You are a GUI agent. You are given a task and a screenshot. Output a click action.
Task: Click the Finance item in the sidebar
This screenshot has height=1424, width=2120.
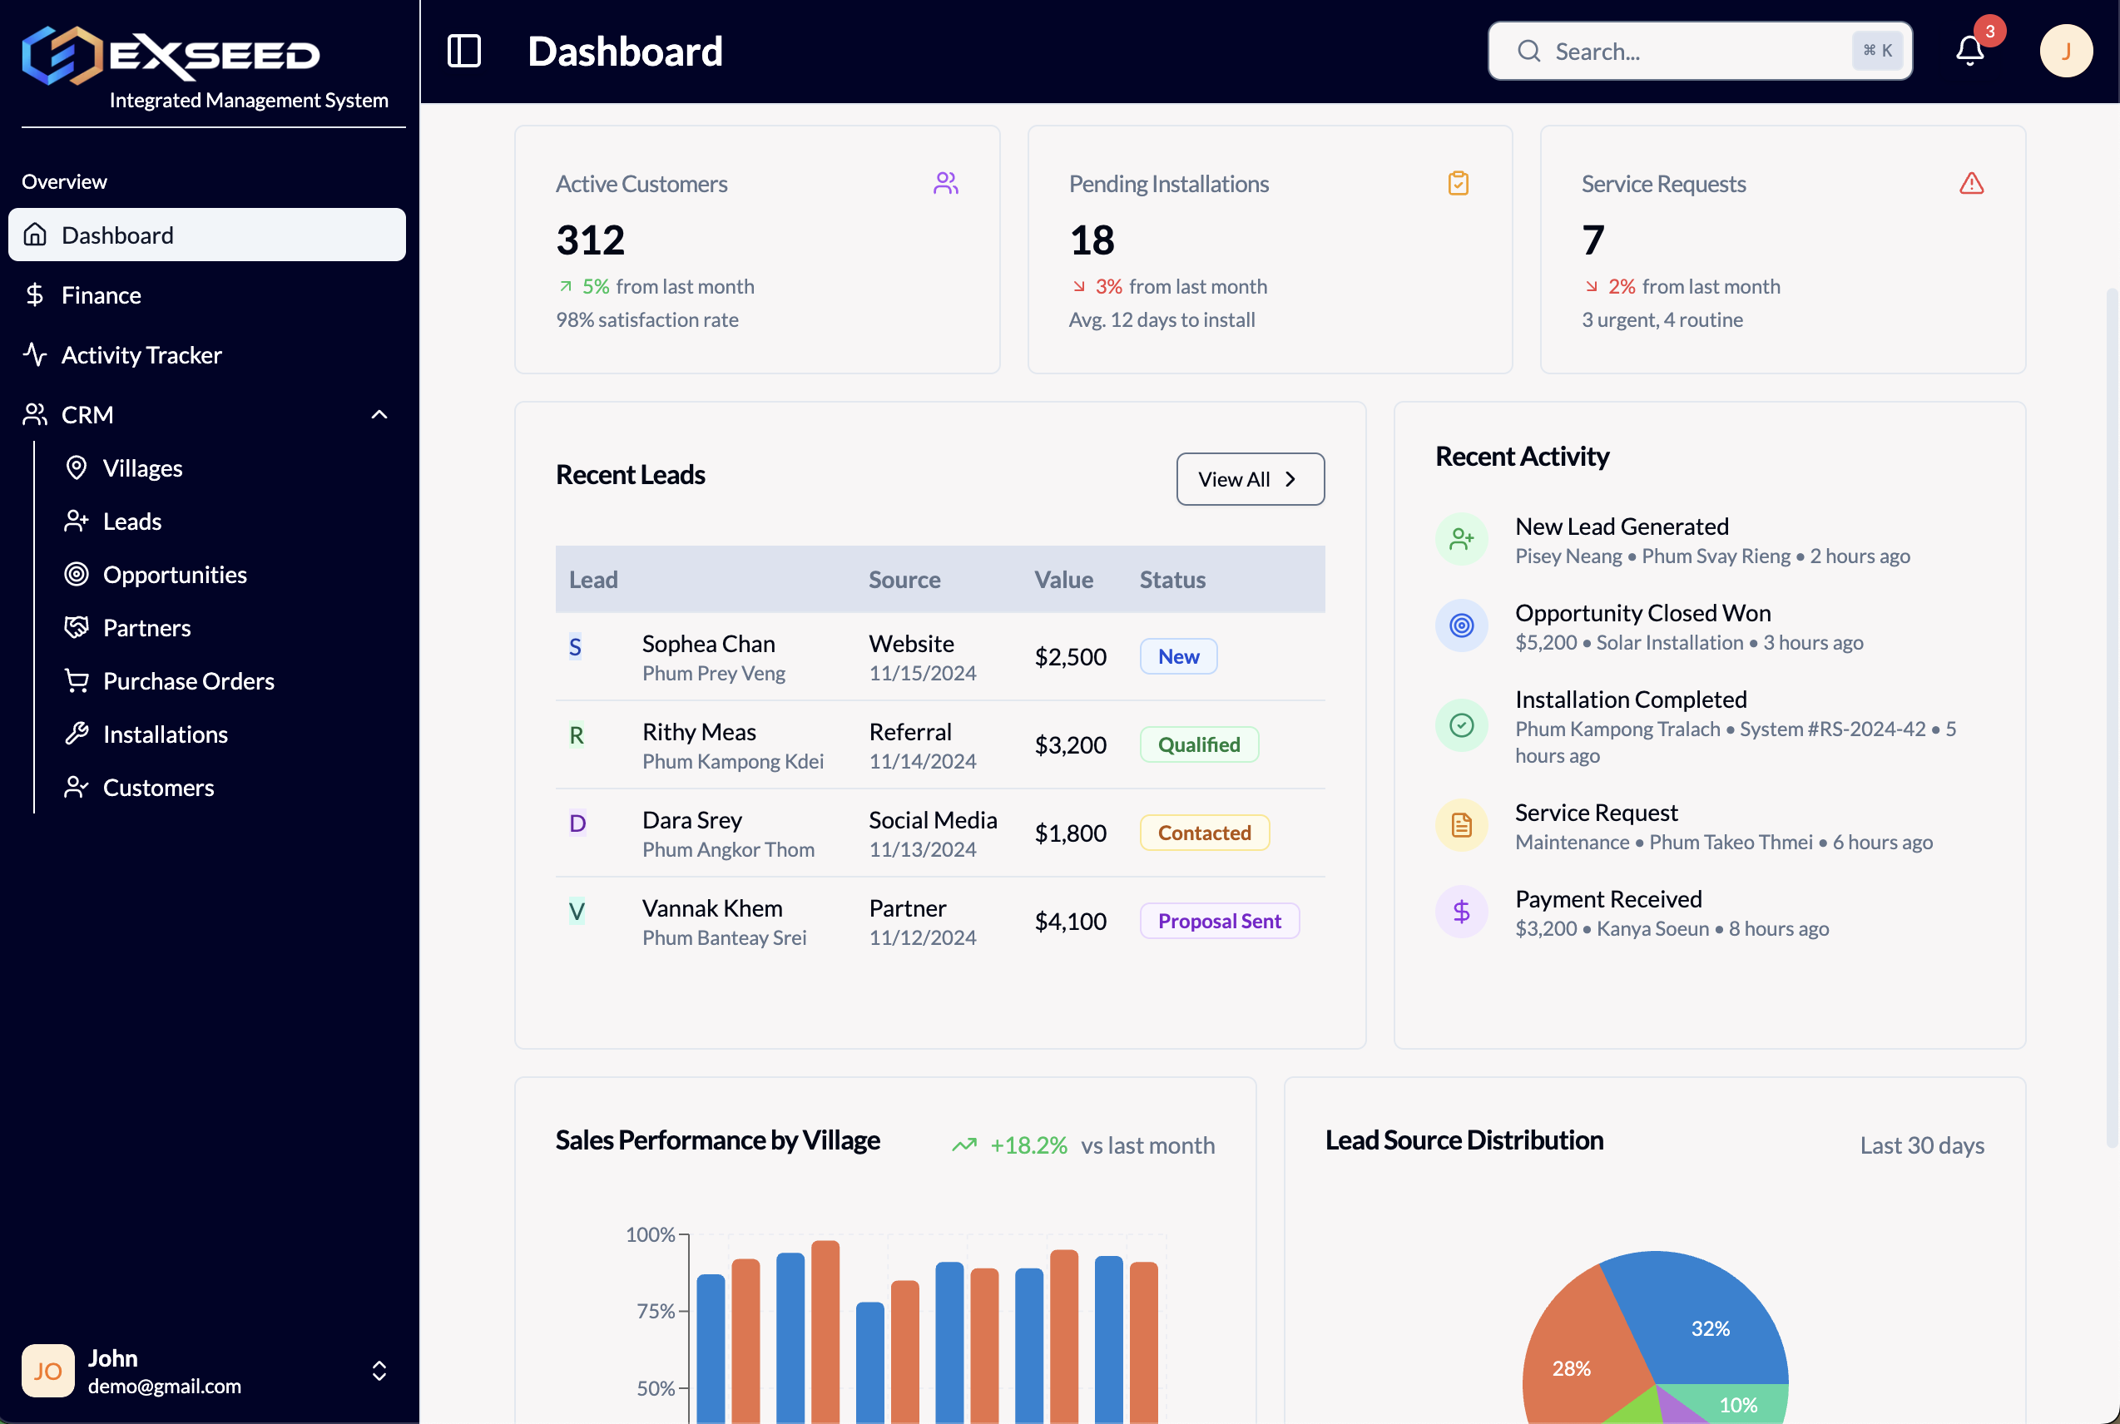point(101,295)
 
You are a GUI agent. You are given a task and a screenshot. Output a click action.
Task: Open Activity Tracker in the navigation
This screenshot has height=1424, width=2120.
point(141,355)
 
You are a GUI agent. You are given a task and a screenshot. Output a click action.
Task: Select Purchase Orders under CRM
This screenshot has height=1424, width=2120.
point(188,681)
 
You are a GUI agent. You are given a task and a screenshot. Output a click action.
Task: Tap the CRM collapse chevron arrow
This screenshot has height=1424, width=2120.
point(379,415)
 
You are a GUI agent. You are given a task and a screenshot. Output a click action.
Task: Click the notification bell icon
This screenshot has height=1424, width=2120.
point(1969,51)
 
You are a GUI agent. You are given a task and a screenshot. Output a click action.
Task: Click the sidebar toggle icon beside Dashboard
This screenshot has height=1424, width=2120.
point(464,51)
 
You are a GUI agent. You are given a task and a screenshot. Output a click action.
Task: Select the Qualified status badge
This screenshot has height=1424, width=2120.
point(1198,744)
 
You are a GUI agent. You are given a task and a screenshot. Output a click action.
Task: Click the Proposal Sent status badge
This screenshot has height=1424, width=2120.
point(1219,921)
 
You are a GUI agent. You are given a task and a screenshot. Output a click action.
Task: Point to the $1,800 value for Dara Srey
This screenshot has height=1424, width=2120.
point(1070,833)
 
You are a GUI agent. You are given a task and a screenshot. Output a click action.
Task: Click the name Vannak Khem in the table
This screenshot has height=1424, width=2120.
point(712,908)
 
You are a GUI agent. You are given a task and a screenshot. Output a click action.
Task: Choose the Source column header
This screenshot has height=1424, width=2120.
point(904,580)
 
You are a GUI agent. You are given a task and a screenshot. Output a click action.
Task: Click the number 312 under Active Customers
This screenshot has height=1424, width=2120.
point(591,240)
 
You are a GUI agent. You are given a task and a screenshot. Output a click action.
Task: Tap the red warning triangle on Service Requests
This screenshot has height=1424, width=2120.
point(1971,184)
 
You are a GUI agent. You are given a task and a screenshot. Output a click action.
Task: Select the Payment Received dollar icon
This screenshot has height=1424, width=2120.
point(1460,911)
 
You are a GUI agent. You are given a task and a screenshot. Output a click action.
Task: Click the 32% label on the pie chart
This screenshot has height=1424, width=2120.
point(1710,1328)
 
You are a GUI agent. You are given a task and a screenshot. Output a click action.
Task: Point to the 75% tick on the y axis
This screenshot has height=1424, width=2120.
point(655,1311)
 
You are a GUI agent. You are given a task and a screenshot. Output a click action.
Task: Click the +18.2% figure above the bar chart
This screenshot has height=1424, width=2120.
point(1028,1145)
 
